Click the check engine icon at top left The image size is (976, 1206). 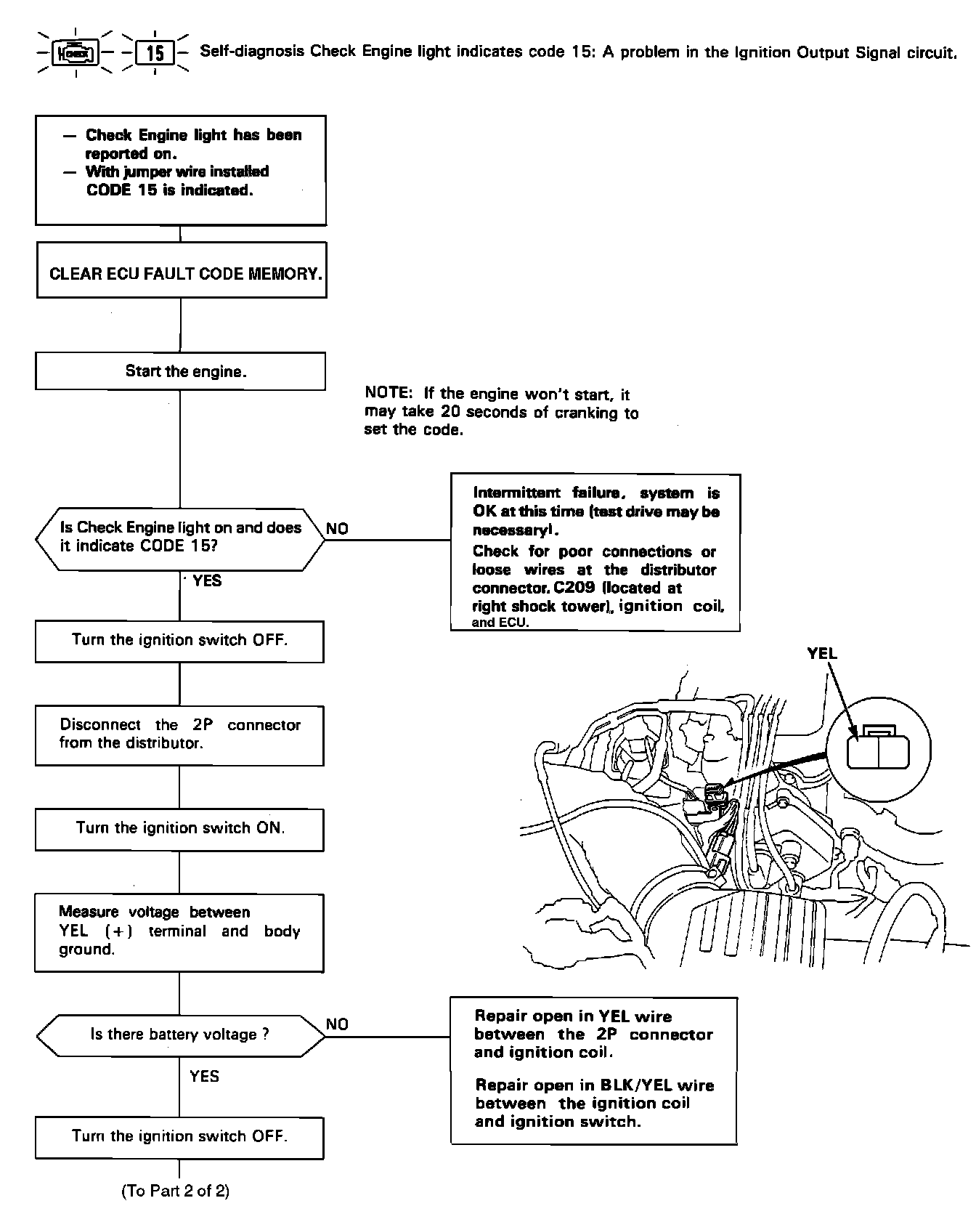pyautogui.click(x=76, y=53)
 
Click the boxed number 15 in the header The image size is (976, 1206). pyautogui.click(x=155, y=53)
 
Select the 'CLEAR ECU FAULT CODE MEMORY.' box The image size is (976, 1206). pyautogui.click(x=182, y=273)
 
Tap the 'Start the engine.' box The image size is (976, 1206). pyautogui.click(x=180, y=371)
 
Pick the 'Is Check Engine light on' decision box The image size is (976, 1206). pyautogui.click(x=180, y=538)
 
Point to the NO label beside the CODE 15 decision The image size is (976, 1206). pyautogui.click(x=337, y=529)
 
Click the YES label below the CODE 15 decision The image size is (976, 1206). pyautogui.click(x=207, y=581)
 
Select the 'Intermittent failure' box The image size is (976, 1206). pyautogui.click(x=595, y=552)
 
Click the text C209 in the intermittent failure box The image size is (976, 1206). pyautogui.click(x=574, y=588)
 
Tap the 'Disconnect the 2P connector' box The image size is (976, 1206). pyautogui.click(x=179, y=734)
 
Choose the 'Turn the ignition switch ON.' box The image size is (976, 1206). pyautogui.click(x=179, y=828)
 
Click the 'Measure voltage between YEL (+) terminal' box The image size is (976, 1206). pyautogui.click(x=179, y=932)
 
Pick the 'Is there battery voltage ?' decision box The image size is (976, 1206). pyautogui.click(x=180, y=1035)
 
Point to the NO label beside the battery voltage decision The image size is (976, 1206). pyautogui.click(x=337, y=1024)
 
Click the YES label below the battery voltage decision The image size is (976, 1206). pyautogui.click(x=204, y=1076)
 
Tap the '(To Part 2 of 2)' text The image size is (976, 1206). pyautogui.click(x=175, y=1191)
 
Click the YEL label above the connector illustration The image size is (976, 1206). pyautogui.click(x=822, y=653)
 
